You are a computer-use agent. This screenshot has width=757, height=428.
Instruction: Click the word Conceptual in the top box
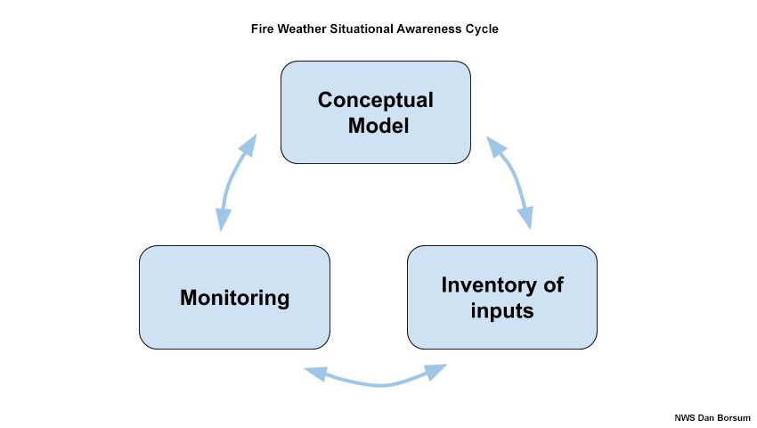(376, 100)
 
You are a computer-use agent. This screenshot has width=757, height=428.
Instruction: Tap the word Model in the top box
(378, 126)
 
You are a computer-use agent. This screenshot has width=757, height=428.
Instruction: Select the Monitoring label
(234, 298)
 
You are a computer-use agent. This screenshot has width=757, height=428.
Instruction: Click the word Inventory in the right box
(488, 285)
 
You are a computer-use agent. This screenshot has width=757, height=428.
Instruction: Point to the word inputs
(502, 311)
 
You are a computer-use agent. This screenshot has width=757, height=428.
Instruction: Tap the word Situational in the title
(362, 29)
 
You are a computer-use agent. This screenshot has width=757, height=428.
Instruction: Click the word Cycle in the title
(482, 29)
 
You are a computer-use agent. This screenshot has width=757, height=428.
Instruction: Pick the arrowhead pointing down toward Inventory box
(526, 218)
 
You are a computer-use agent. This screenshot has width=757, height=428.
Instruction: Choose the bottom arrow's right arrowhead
(436, 371)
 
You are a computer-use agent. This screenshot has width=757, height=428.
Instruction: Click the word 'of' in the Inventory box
(553, 285)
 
